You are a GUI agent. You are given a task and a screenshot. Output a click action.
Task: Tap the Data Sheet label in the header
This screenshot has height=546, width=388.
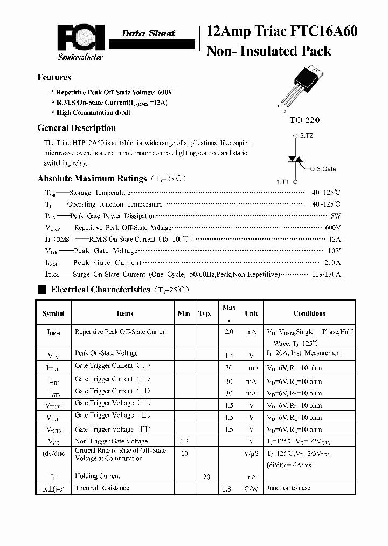(148, 33)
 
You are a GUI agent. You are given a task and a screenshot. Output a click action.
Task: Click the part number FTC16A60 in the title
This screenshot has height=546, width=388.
(325, 31)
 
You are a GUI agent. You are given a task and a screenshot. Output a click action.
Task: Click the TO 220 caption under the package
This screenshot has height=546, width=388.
(304, 120)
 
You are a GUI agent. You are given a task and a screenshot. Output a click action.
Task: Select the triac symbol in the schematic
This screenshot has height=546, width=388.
(294, 159)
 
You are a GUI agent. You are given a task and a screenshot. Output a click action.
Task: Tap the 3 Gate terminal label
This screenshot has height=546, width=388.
(325, 169)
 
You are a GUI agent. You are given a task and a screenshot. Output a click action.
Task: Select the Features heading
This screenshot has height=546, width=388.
(54, 77)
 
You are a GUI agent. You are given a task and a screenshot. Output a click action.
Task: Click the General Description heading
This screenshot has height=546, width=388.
(77, 128)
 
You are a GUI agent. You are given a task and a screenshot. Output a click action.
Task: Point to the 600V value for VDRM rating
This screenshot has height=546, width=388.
(333, 228)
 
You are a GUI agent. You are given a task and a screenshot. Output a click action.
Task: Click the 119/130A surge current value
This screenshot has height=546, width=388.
(326, 274)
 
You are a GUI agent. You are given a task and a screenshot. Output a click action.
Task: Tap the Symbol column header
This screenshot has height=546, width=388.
(53, 313)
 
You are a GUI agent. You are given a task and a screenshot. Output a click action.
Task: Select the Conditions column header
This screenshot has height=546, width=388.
(309, 313)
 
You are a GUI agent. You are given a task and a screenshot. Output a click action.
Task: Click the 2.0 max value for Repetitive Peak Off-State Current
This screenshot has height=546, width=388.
(228, 332)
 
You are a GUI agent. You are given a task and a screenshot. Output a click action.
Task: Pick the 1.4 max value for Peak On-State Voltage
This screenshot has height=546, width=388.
(228, 356)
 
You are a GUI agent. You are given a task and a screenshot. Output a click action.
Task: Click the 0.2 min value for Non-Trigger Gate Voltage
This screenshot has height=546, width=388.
(184, 441)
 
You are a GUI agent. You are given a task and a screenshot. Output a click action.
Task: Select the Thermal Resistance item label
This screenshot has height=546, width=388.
(102, 488)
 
